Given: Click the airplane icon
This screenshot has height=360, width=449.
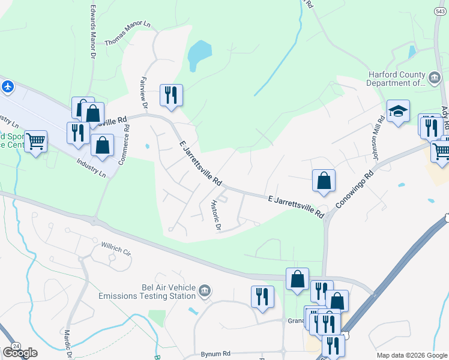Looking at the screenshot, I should click(7, 86).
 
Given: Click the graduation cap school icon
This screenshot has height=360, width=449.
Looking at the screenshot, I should click(397, 110).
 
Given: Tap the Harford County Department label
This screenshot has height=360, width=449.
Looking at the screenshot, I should click(396, 79).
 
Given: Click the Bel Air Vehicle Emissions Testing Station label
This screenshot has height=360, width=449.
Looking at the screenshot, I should click(148, 291).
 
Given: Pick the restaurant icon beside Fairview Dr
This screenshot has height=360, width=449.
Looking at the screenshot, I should click(171, 94).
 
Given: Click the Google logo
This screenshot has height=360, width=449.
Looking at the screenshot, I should click(19, 352).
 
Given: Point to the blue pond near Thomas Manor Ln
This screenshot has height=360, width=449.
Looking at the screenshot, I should click(199, 56).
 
